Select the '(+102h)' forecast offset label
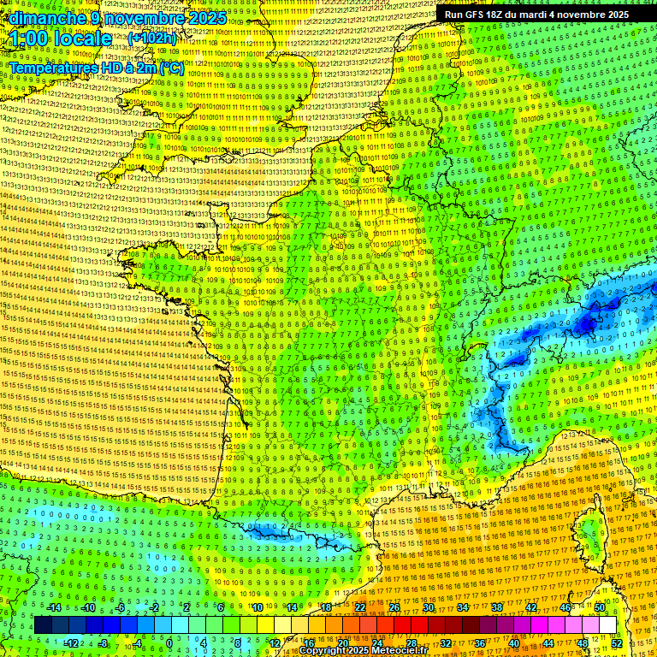[x=152, y=38]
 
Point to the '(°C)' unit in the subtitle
[x=169, y=67]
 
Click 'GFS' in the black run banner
[x=474, y=15]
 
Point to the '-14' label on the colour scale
[x=54, y=607]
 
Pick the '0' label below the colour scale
[x=169, y=643]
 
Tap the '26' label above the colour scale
[x=394, y=607]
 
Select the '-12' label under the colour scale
[x=71, y=643]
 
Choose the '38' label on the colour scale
[x=496, y=607]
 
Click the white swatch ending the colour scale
[x=607, y=625]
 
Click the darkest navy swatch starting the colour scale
[x=43, y=625]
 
